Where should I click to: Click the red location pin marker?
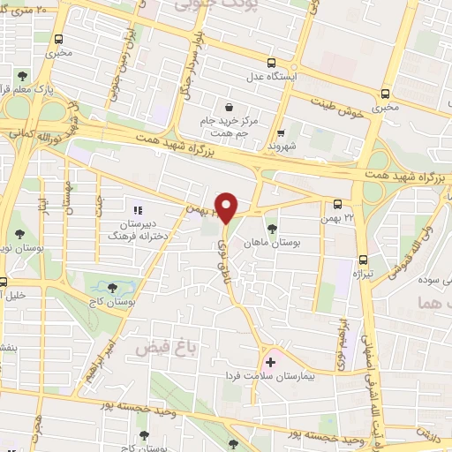click(227, 207)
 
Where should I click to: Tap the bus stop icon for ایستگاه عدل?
click(272, 63)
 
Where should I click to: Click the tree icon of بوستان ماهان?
click(271, 215)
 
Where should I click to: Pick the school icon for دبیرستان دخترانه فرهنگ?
click(137, 211)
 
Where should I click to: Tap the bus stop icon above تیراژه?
click(363, 260)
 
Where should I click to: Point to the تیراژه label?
click(363, 275)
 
